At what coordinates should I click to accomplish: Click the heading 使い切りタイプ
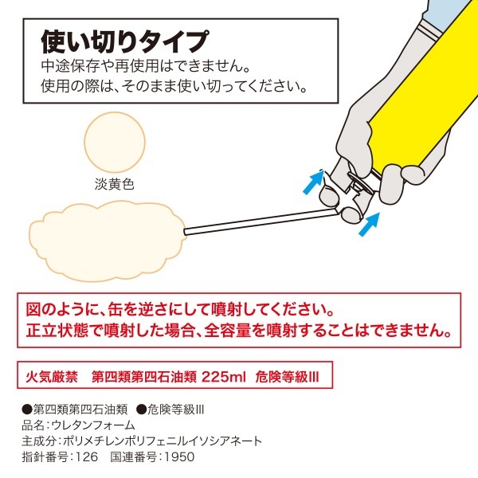pos(125,41)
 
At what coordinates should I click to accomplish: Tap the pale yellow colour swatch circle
pos(115,142)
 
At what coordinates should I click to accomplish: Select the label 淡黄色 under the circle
pos(114,184)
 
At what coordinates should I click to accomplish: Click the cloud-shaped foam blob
pos(108,241)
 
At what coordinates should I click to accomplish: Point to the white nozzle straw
pos(261,221)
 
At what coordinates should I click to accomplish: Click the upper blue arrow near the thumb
pos(313,182)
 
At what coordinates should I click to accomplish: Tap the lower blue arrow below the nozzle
pos(369,225)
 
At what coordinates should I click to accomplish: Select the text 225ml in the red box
pos(223,377)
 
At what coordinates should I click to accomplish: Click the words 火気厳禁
pos(52,377)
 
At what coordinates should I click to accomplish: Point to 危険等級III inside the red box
pos(287,377)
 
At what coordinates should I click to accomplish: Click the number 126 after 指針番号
pos(87,457)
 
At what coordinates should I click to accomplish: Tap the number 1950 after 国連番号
pos(179,457)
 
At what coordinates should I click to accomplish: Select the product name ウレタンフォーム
pos(93,425)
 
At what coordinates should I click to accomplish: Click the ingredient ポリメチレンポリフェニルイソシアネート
pos(163,441)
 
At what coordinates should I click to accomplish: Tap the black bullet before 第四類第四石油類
pos(27,409)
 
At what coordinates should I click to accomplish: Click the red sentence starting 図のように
pos(179,309)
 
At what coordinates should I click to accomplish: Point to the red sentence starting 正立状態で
pos(239,331)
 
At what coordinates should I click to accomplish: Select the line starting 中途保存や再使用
pos(146,66)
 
